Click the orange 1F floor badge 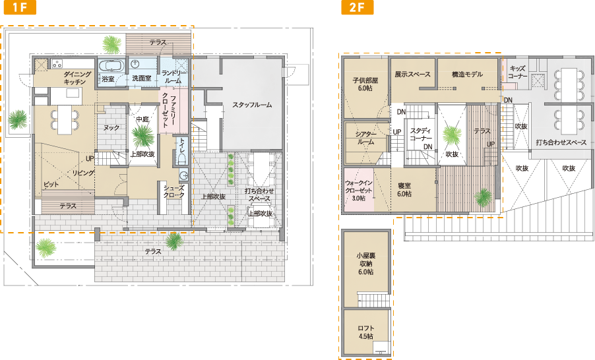pos(20,7)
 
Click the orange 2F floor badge pos(357,7)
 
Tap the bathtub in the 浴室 pos(111,65)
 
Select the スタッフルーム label pos(252,105)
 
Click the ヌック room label pos(111,128)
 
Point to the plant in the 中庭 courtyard pos(142,136)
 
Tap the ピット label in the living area pos(51,185)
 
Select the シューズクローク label pos(174,192)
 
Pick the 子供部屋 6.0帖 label pos(365,84)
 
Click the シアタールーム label pos(366,138)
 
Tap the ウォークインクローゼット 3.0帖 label pos(359,191)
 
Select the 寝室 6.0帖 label pos(404,190)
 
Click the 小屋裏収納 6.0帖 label pos(366,264)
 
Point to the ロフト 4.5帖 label pos(366,332)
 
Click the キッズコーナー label pos(518,72)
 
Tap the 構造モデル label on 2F pos(468,75)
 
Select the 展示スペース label pos(413,75)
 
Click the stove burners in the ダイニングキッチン pos(57,63)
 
